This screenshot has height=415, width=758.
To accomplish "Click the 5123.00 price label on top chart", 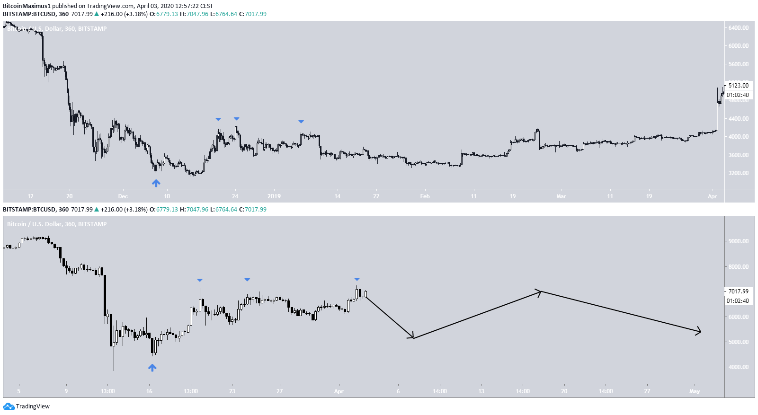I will pos(738,86).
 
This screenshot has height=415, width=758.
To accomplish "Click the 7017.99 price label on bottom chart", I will pos(738,291).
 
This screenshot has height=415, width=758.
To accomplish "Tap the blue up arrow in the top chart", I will pos(156,183).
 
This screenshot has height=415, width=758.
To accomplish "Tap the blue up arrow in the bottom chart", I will pos(152,367).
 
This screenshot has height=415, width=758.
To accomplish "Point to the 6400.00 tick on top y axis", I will pos(738,28).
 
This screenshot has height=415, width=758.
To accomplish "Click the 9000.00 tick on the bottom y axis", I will pos(738,241).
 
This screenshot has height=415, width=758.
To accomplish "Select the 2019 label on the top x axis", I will pos(274,196).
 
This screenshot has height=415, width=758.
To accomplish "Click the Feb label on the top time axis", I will pos(425,196).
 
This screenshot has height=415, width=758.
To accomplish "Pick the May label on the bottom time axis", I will pos(694,391).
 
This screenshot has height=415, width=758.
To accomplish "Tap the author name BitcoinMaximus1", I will pos(27,6).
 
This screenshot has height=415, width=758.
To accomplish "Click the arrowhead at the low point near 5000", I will pos(412,337).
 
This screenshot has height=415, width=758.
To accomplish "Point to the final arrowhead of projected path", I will pos(699,332).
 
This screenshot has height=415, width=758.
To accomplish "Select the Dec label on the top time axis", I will pos(123,196).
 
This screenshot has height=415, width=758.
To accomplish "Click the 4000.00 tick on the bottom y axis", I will pos(738,367).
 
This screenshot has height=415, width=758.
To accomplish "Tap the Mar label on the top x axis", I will pos(561,196).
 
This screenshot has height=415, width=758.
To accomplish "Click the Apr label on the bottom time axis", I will pos(339,391).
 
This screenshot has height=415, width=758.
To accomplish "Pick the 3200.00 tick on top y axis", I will pos(738,173).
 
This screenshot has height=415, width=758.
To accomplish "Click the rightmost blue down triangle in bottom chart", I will pos(357,279).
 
